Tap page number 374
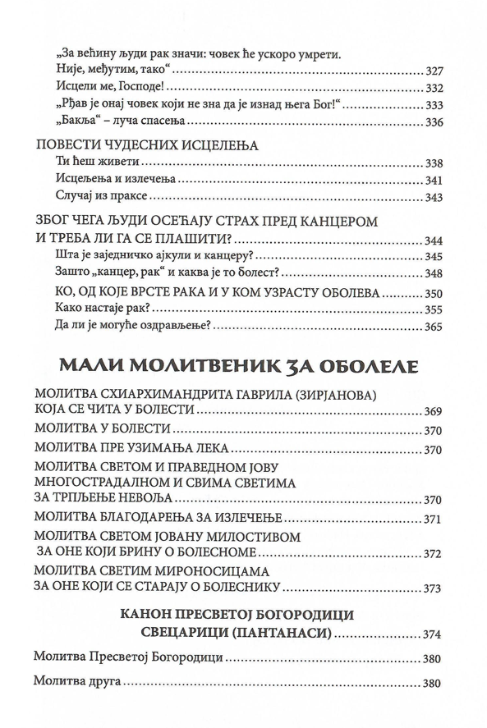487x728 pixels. pos(433,634)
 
